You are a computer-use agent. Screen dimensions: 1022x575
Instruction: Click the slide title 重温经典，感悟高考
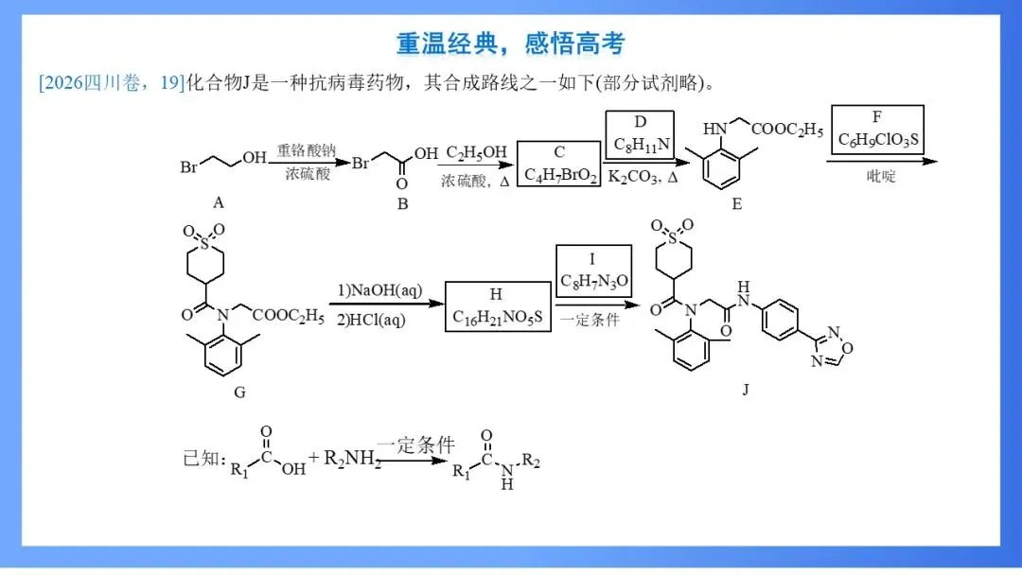pyautogui.click(x=510, y=44)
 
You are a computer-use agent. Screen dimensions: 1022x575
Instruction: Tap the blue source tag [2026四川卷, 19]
pyautogui.click(x=112, y=82)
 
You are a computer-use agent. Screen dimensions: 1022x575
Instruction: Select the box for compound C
pyautogui.click(x=558, y=164)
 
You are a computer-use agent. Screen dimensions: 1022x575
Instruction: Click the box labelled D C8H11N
pyautogui.click(x=640, y=135)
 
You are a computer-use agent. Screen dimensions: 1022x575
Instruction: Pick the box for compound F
pyautogui.click(x=877, y=130)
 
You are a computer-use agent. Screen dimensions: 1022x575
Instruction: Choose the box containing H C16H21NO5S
pyautogui.click(x=498, y=306)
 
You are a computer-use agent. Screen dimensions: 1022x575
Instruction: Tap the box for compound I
pyautogui.click(x=593, y=270)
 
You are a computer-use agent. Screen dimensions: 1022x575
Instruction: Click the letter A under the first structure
pyautogui.click(x=219, y=202)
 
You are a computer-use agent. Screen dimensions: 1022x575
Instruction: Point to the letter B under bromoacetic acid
pyautogui.click(x=403, y=204)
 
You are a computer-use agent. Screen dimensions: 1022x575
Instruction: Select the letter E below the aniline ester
pyautogui.click(x=736, y=204)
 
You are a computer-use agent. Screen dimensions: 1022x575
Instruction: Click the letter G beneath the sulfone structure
pyautogui.click(x=239, y=392)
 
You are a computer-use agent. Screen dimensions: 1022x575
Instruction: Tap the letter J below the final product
pyautogui.click(x=746, y=390)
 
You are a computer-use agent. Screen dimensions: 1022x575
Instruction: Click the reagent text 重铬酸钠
pyautogui.click(x=307, y=150)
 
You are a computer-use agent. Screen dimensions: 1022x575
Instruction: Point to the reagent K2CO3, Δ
pyautogui.click(x=643, y=177)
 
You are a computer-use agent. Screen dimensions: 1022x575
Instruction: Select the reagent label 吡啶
pyautogui.click(x=881, y=176)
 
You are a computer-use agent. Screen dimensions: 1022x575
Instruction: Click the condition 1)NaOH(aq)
pyautogui.click(x=380, y=289)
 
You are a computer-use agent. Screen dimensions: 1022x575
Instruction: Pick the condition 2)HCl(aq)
pyautogui.click(x=372, y=320)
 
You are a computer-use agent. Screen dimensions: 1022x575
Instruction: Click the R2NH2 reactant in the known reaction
pyautogui.click(x=352, y=459)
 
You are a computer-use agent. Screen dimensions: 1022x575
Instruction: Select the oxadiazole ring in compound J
pyautogui.click(x=832, y=346)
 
